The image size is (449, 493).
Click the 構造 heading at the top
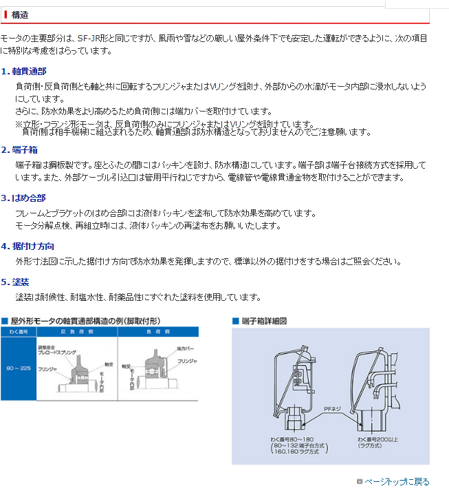point(21,14)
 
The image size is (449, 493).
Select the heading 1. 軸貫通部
point(24,71)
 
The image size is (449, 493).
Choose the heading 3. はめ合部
point(24,198)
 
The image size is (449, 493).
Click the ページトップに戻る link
point(397,482)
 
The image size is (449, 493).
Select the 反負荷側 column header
point(73,332)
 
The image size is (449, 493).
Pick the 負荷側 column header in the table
point(157,332)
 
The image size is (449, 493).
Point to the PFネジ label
point(333,410)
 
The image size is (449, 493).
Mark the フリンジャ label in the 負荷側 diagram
point(186,361)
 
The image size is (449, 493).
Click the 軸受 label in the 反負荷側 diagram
point(108,364)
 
